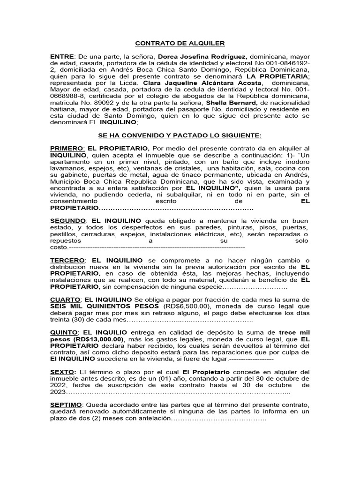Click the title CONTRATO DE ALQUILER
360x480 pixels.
coord(180,44)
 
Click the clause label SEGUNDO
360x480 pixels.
coord(67,220)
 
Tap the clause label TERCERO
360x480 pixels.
coord(67,260)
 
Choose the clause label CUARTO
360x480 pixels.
coord(65,299)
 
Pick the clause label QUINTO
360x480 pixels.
coord(64,332)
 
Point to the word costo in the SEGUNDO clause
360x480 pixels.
coord(59,247)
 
